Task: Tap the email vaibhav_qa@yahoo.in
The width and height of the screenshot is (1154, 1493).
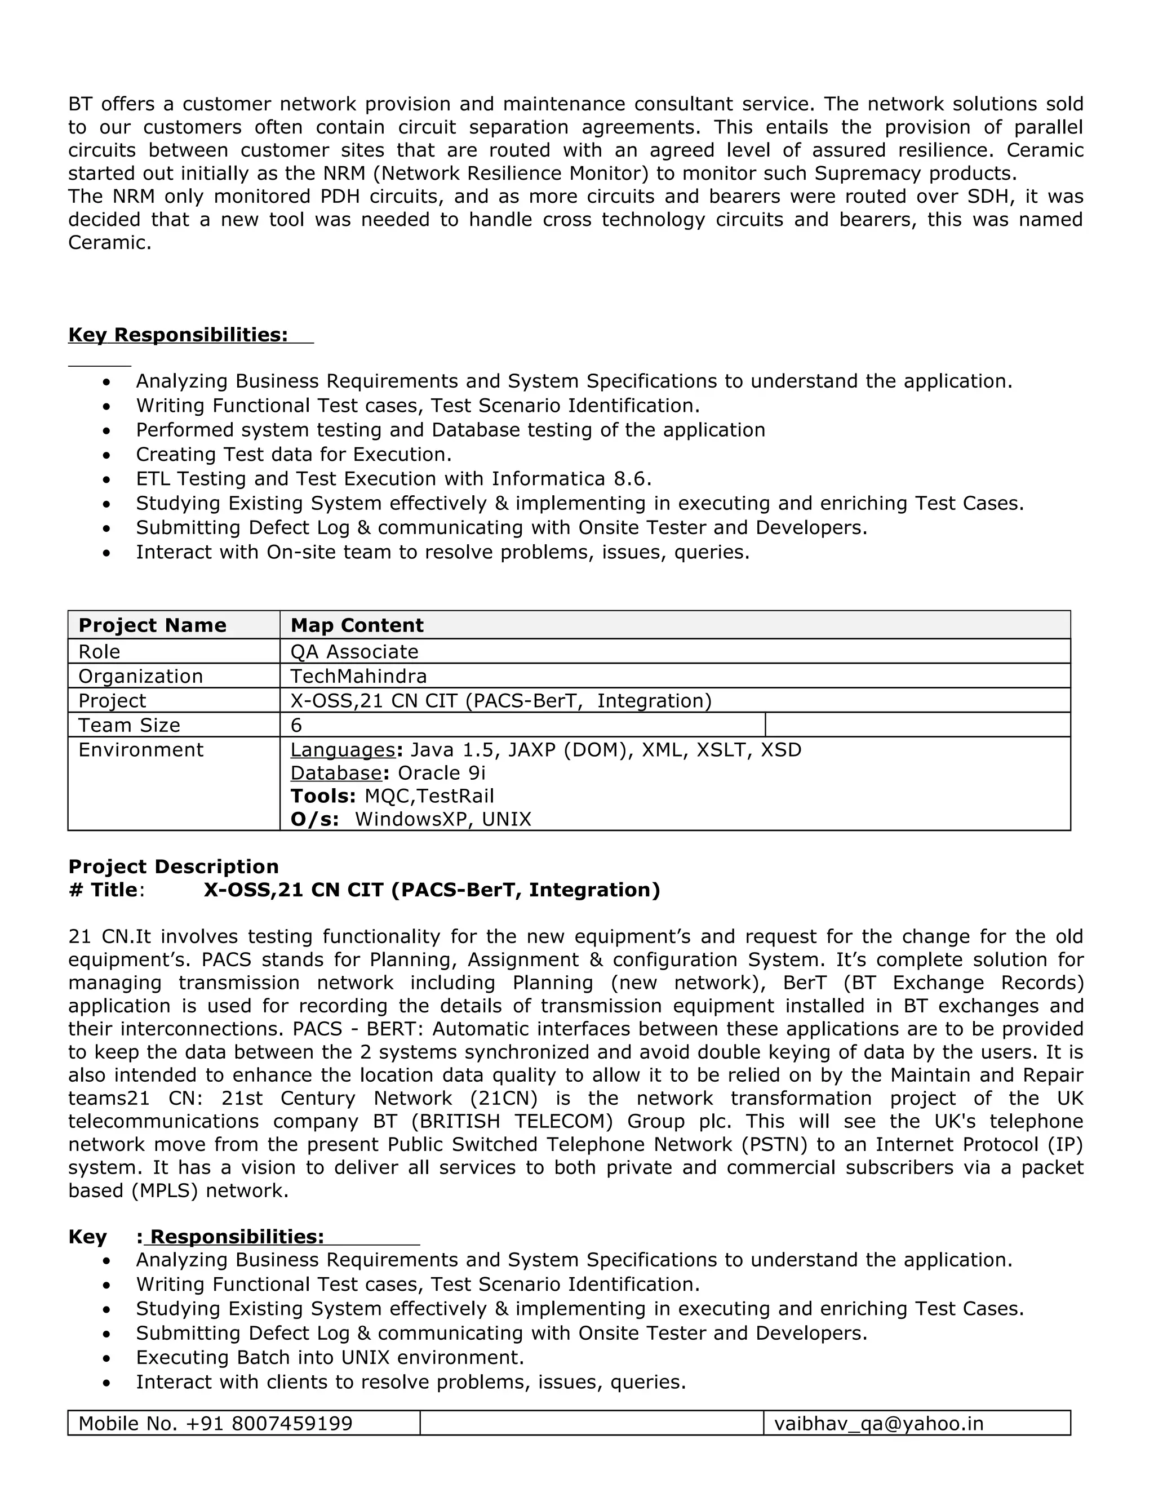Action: [x=878, y=1423]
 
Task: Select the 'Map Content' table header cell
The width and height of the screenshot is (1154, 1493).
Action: [x=357, y=625]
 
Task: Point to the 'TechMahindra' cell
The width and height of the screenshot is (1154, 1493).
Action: [x=358, y=676]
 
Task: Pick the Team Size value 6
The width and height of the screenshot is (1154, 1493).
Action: [x=296, y=725]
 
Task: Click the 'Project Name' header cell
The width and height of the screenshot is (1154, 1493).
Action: [x=152, y=625]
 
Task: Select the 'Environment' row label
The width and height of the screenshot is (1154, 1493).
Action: [x=141, y=750]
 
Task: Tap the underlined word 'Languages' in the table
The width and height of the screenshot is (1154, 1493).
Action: [x=343, y=750]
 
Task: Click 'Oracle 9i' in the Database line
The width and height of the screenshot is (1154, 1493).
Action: [x=441, y=773]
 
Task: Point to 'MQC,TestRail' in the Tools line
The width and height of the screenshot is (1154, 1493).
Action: [x=429, y=797]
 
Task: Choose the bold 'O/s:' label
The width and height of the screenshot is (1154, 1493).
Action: [x=314, y=819]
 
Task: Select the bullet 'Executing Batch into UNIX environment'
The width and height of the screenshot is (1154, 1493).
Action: [x=330, y=1357]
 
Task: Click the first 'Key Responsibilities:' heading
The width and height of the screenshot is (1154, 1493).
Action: [x=177, y=335]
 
